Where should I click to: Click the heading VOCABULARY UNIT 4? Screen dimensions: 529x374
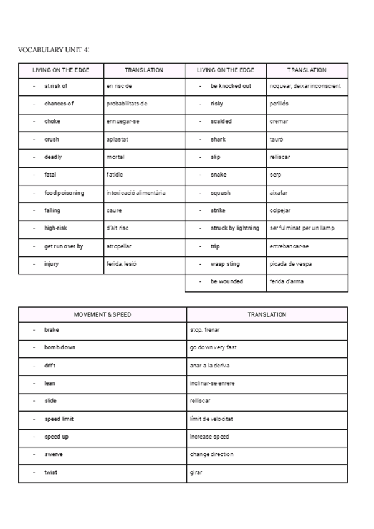click(58, 49)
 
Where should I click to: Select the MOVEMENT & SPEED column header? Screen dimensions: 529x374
click(103, 315)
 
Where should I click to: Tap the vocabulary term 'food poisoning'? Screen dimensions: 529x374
click(64, 193)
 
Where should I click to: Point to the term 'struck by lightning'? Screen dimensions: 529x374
click(234, 228)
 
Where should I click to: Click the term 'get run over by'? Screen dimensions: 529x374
click(64, 246)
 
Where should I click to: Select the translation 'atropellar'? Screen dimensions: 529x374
click(119, 246)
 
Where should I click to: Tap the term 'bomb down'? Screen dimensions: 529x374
click(60, 347)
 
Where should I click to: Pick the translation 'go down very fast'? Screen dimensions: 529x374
click(213, 347)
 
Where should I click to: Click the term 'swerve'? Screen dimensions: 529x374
click(54, 454)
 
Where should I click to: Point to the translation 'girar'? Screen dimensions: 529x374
click(196, 472)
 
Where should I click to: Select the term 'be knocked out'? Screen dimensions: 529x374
click(231, 86)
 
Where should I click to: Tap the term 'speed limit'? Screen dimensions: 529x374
click(59, 419)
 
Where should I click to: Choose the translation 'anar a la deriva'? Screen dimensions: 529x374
click(209, 366)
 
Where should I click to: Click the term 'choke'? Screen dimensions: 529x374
click(52, 121)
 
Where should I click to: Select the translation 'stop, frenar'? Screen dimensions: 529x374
click(204, 330)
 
